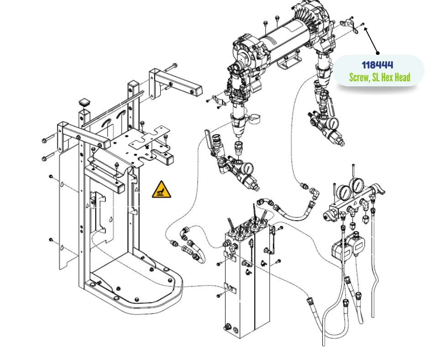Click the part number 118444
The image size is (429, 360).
(377, 65)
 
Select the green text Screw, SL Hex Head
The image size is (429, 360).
(379, 77)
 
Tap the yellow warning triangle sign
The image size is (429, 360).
(162, 190)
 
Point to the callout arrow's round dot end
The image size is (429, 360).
(378, 53)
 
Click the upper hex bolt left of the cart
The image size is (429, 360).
(47, 139)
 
